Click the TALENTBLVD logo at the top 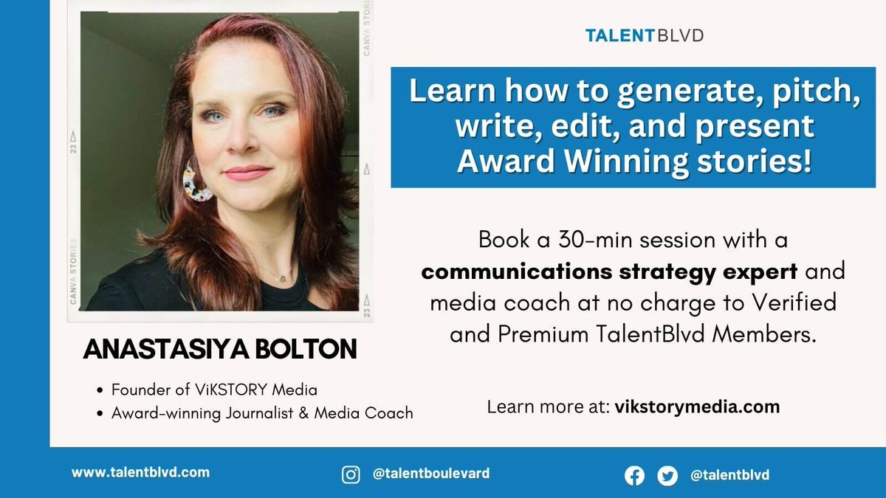point(633,35)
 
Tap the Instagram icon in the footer point(351,474)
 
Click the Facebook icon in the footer point(633,476)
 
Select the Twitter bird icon point(668,476)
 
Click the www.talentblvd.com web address point(140,473)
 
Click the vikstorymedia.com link point(697,407)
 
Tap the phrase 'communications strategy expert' point(609,272)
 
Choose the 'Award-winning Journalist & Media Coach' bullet point(262,413)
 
